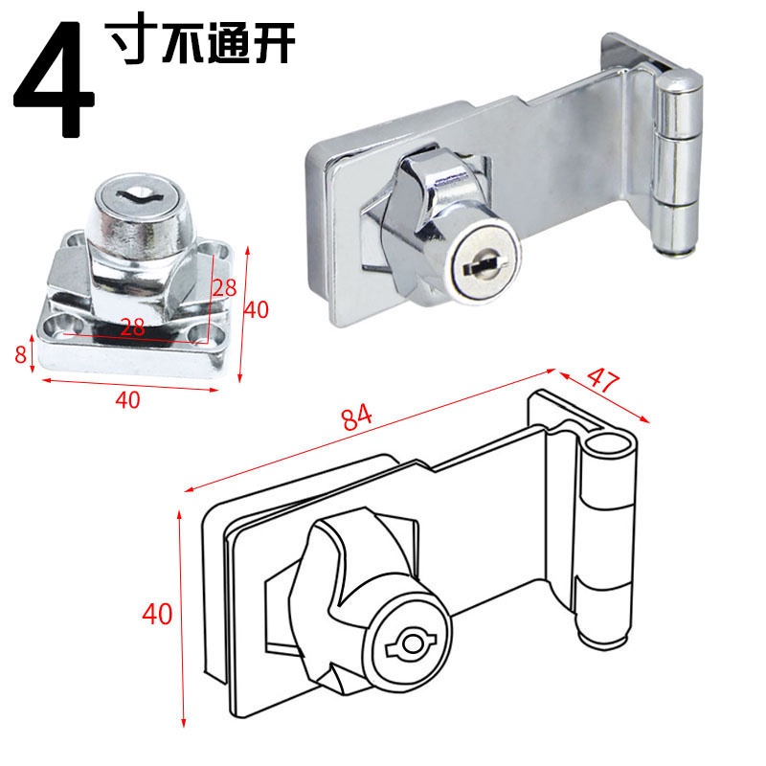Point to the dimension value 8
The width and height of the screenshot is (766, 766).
click(x=20, y=353)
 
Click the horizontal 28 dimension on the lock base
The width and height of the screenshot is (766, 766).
click(x=132, y=327)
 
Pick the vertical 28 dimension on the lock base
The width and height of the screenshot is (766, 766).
click(x=224, y=287)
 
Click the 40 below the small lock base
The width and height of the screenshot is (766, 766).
click(x=128, y=399)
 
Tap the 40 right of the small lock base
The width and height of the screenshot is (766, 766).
click(x=257, y=309)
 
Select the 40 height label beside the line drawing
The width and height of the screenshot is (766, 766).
click(x=157, y=614)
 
